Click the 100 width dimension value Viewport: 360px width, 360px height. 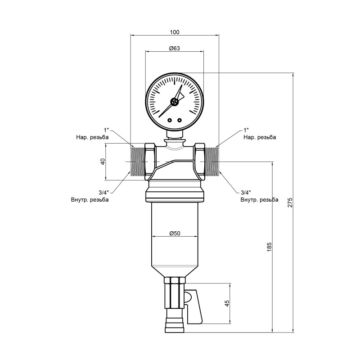(175, 32)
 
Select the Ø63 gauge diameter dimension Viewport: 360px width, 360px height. (175, 48)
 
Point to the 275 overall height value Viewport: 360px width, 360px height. (290, 202)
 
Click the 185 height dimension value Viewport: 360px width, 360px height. (270, 247)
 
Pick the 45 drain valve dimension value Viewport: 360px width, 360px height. (227, 303)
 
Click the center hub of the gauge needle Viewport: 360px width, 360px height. (175, 102)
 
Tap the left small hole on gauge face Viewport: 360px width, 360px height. (170, 120)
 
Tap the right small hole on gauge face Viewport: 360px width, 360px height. (179, 120)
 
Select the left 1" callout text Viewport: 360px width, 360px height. (107, 130)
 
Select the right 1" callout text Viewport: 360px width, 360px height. (246, 130)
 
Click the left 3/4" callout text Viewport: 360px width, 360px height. (103, 192)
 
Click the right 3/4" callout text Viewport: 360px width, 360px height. (246, 192)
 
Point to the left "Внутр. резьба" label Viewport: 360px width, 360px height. (90, 199)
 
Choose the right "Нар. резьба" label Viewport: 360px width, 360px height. (260, 137)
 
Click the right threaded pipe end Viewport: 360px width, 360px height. (212, 161)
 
